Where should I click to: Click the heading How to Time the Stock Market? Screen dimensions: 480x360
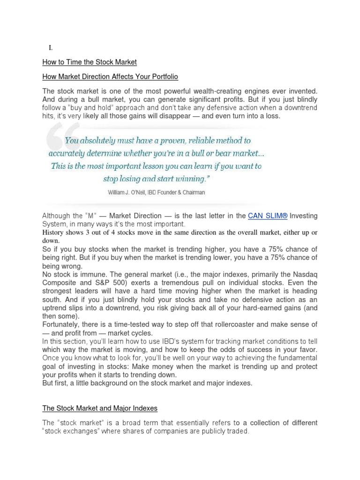(x=89, y=62)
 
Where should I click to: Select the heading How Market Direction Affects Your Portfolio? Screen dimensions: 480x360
(x=110, y=76)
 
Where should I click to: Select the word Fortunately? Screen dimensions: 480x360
(x=61, y=324)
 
